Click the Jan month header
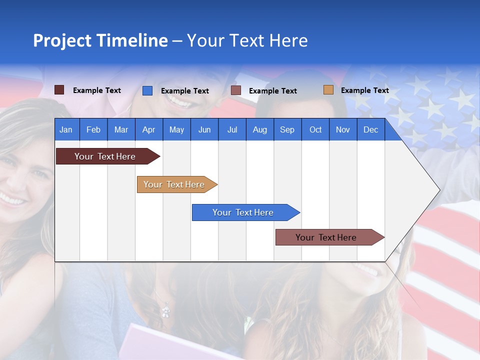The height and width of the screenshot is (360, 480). pyautogui.click(x=66, y=129)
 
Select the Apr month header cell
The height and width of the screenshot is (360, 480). pyautogui.click(x=149, y=129)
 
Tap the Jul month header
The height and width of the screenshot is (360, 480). pyautogui.click(x=232, y=129)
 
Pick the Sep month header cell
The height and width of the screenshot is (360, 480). pyautogui.click(x=287, y=129)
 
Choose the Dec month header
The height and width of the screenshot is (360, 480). pyautogui.click(x=370, y=129)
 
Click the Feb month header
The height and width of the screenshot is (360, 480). pyautogui.click(x=93, y=129)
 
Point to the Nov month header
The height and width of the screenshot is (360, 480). pyautogui.click(x=342, y=129)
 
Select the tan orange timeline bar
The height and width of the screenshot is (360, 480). pyautogui.click(x=175, y=184)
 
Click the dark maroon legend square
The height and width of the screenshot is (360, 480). pyautogui.click(x=59, y=90)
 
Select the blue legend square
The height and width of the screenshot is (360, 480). pyautogui.click(x=147, y=90)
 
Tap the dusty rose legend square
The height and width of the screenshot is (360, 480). pyautogui.click(x=236, y=90)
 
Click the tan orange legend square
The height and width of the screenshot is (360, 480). pyautogui.click(x=328, y=90)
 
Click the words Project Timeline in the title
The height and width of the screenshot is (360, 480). pyautogui.click(x=100, y=40)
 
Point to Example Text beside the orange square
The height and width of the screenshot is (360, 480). pyautogui.click(x=364, y=90)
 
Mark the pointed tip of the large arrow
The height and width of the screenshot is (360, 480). pyautogui.click(x=439, y=190)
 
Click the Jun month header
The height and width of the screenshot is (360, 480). pyautogui.click(x=204, y=129)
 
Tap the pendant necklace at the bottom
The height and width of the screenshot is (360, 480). pyautogui.click(x=165, y=310)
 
